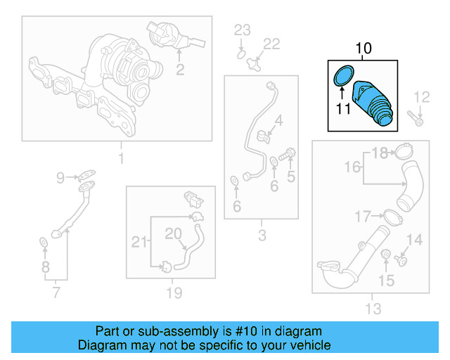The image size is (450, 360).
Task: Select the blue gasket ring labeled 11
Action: pyautogui.click(x=342, y=75)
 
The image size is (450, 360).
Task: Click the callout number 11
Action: pyautogui.click(x=342, y=109)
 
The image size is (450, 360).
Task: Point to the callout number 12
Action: pyautogui.click(x=421, y=97)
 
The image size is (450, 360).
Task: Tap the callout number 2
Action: pyautogui.click(x=180, y=69)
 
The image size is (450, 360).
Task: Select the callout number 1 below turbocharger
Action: pyautogui.click(x=120, y=159)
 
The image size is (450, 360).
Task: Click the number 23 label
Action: pyautogui.click(x=242, y=30)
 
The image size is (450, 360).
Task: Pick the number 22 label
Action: pyautogui.click(x=271, y=44)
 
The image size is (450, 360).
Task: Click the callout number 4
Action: pyautogui.click(x=279, y=121)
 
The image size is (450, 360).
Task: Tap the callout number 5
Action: pyautogui.click(x=290, y=177)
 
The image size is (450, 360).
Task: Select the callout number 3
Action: pyautogui.click(x=262, y=236)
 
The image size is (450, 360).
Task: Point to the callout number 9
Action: pyautogui.click(x=61, y=177)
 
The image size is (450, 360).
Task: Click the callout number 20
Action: pyautogui.click(x=173, y=233)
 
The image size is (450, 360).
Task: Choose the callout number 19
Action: pyautogui.click(x=173, y=292)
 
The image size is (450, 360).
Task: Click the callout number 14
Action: pyautogui.click(x=415, y=240)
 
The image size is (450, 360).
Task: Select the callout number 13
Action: pyautogui.click(x=373, y=308)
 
